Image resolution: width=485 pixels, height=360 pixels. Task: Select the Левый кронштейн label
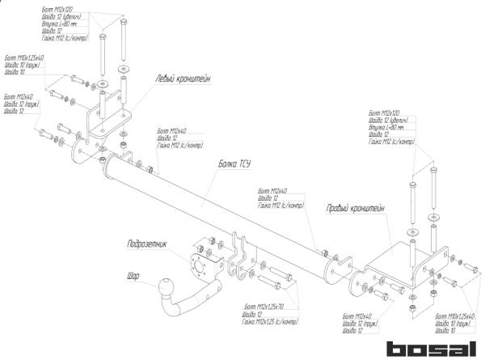[183, 78]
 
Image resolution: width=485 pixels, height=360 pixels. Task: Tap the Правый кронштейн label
[356, 209]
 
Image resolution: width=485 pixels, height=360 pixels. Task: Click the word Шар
[133, 275]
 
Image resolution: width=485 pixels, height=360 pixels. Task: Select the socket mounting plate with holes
[198, 263]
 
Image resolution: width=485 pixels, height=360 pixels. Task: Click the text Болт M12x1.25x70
[262, 307]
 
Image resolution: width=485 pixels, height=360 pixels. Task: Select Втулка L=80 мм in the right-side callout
[386, 128]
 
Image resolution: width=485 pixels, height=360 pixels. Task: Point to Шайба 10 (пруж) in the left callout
[22, 66]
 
